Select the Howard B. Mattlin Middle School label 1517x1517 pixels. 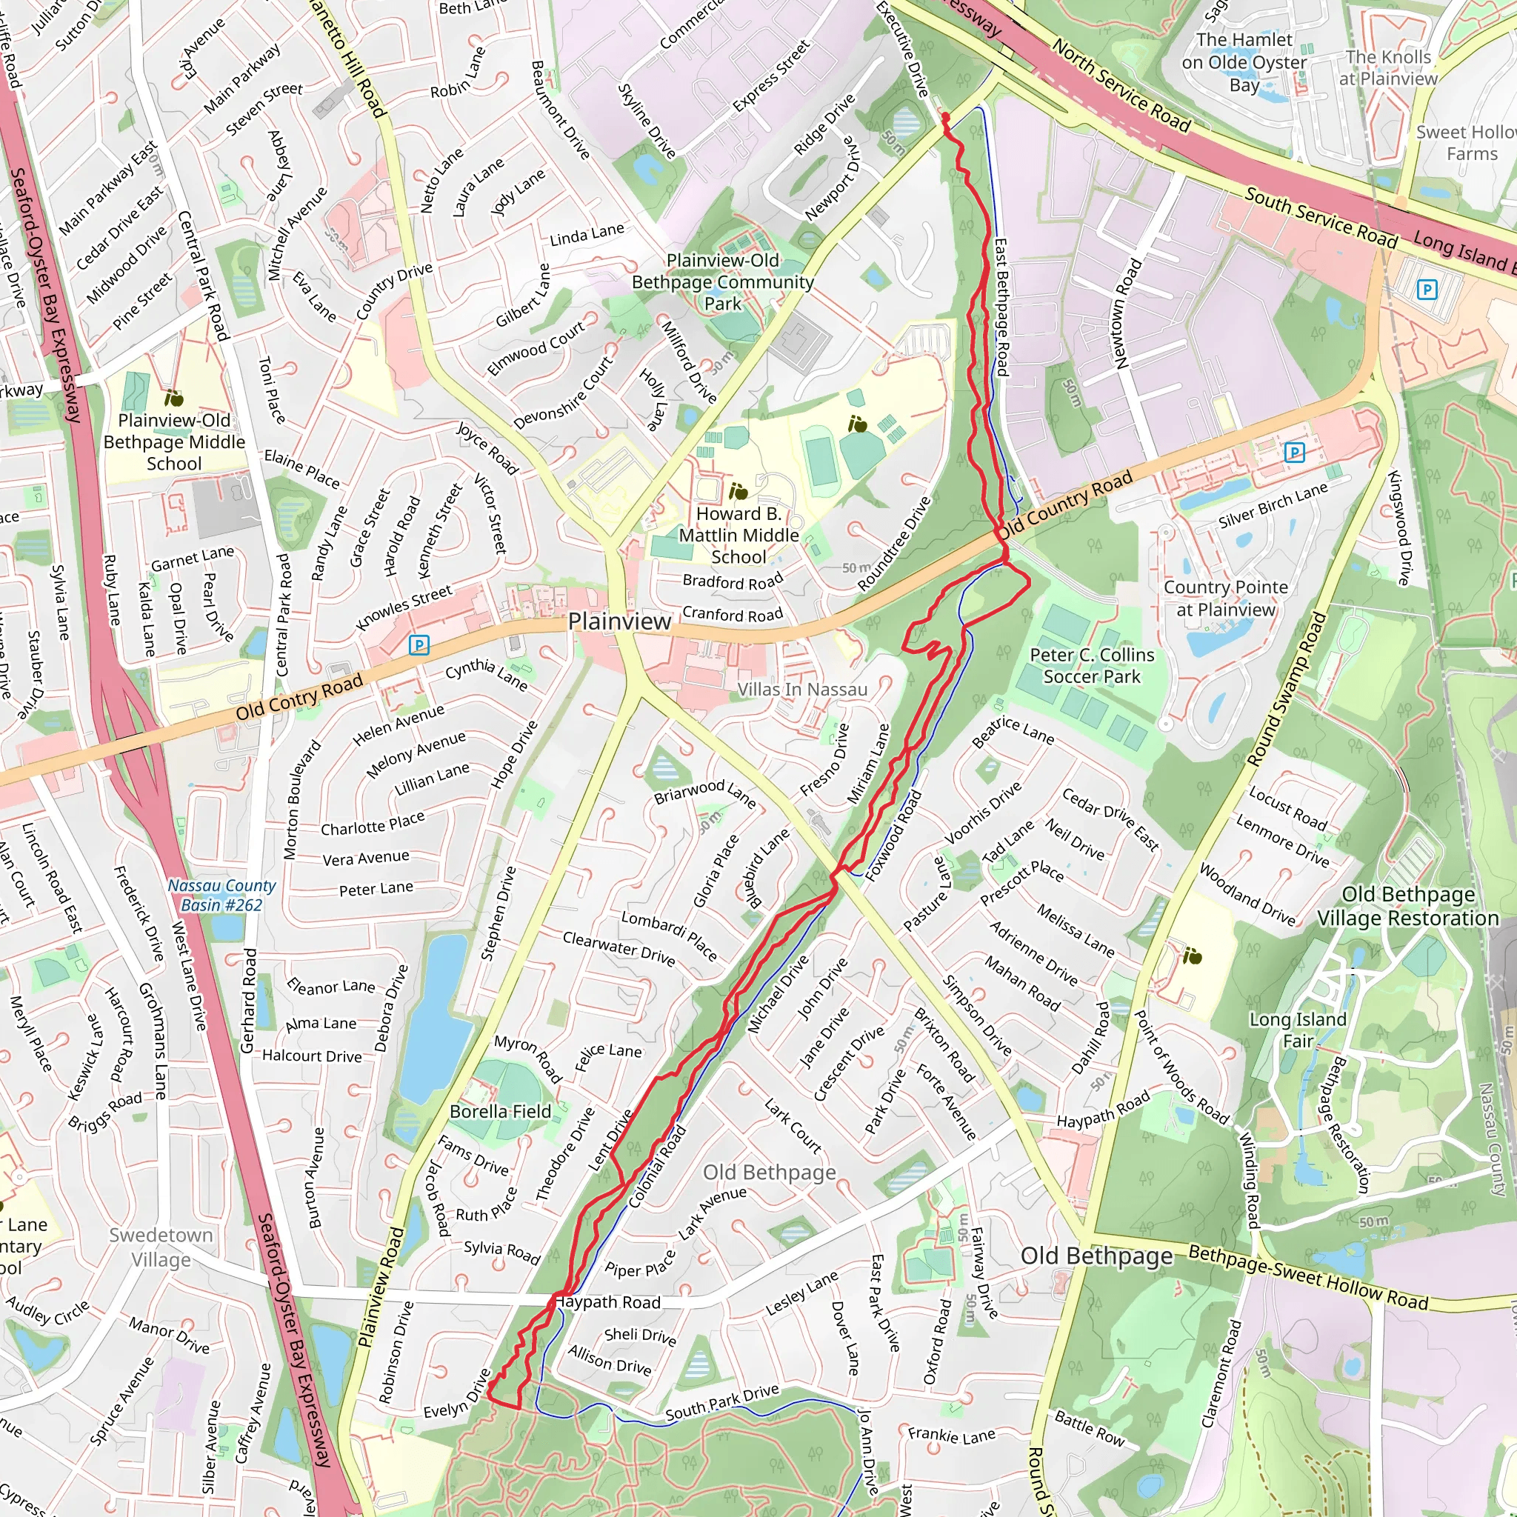[738, 536]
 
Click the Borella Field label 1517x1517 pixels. [500, 1111]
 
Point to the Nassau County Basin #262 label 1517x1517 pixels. [221, 895]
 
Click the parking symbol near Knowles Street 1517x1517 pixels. [419, 645]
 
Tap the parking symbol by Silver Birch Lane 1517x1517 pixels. [1294, 453]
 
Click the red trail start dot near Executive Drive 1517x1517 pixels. [945, 117]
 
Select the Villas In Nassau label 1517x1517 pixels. [801, 690]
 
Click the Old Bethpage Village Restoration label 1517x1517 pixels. [1408, 906]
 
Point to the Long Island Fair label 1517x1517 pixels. [1298, 1030]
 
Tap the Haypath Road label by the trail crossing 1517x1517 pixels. [607, 1303]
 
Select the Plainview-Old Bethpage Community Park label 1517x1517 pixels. [722, 282]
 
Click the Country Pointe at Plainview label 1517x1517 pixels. [1225, 599]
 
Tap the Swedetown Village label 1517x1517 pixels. [161, 1247]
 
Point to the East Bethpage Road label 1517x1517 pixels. [1001, 307]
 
